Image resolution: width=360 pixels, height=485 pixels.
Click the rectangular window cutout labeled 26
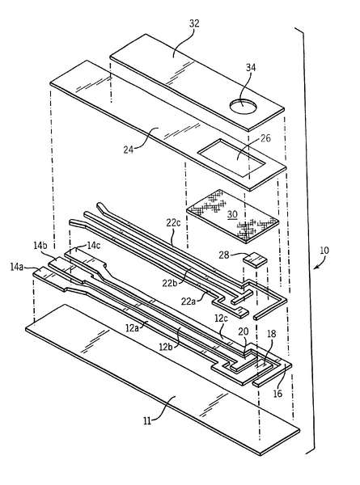tap(230, 155)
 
